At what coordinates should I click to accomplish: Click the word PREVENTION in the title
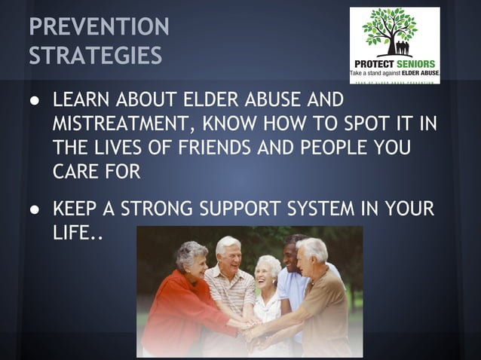tap(99, 27)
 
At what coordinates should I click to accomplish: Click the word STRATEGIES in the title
tap(95, 56)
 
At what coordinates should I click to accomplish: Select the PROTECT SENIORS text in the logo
tap(394, 63)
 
